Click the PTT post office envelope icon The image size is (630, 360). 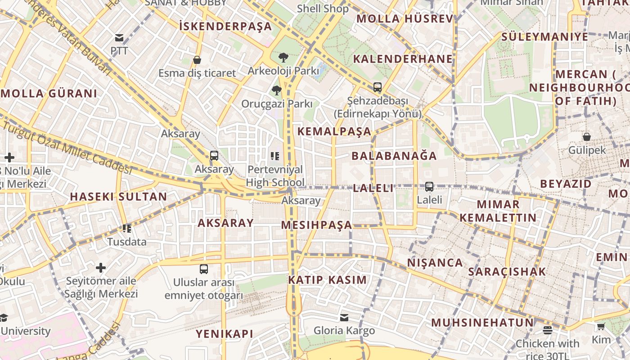tap(119, 38)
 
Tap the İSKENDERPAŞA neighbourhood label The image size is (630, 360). tap(225, 27)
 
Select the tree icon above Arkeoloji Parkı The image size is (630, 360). tap(283, 58)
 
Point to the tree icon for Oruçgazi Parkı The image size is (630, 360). tap(276, 90)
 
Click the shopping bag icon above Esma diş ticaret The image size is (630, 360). tap(197, 60)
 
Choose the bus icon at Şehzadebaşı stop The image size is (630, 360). tap(377, 87)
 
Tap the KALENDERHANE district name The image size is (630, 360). tap(402, 59)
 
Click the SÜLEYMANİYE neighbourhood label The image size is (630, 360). tap(544, 37)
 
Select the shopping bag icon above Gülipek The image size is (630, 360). tap(586, 137)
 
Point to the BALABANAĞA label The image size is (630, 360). tap(394, 156)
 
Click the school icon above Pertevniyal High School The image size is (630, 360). tap(275, 156)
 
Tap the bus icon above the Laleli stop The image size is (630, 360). tap(429, 186)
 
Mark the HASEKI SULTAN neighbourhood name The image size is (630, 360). tap(118, 197)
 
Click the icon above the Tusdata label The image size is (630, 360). tap(127, 229)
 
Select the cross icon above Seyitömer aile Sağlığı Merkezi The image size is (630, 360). tap(101, 268)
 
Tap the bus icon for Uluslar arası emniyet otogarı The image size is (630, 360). tap(204, 269)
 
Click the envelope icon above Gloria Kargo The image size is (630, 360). tap(344, 318)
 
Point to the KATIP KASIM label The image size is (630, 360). tap(327, 280)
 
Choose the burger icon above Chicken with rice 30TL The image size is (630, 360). tap(547, 330)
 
